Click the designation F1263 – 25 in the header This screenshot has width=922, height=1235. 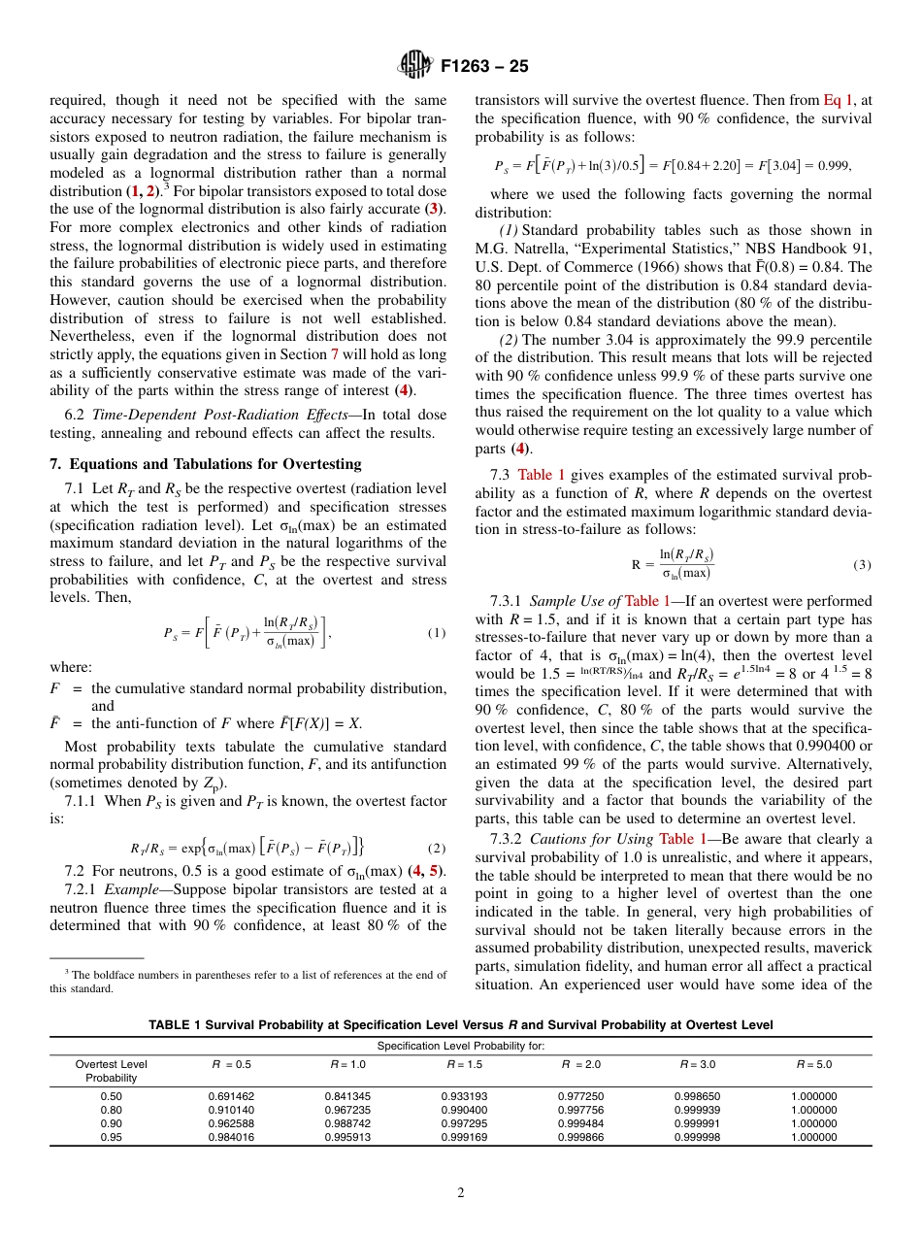(x=484, y=67)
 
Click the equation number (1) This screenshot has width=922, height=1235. (x=436, y=633)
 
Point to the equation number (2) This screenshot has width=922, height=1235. (x=436, y=847)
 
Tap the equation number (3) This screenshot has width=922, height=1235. (x=862, y=564)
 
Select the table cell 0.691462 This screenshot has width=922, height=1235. (x=231, y=1096)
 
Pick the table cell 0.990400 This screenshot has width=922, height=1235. (x=464, y=1110)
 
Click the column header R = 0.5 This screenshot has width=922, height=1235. (x=231, y=1064)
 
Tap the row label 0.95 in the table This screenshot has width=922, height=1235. (x=111, y=1137)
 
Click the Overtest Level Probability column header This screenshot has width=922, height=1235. (x=111, y=1071)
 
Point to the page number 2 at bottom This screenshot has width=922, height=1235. (x=460, y=1193)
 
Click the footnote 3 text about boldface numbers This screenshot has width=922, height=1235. (x=248, y=982)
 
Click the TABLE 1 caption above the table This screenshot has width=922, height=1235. (x=460, y=1025)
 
